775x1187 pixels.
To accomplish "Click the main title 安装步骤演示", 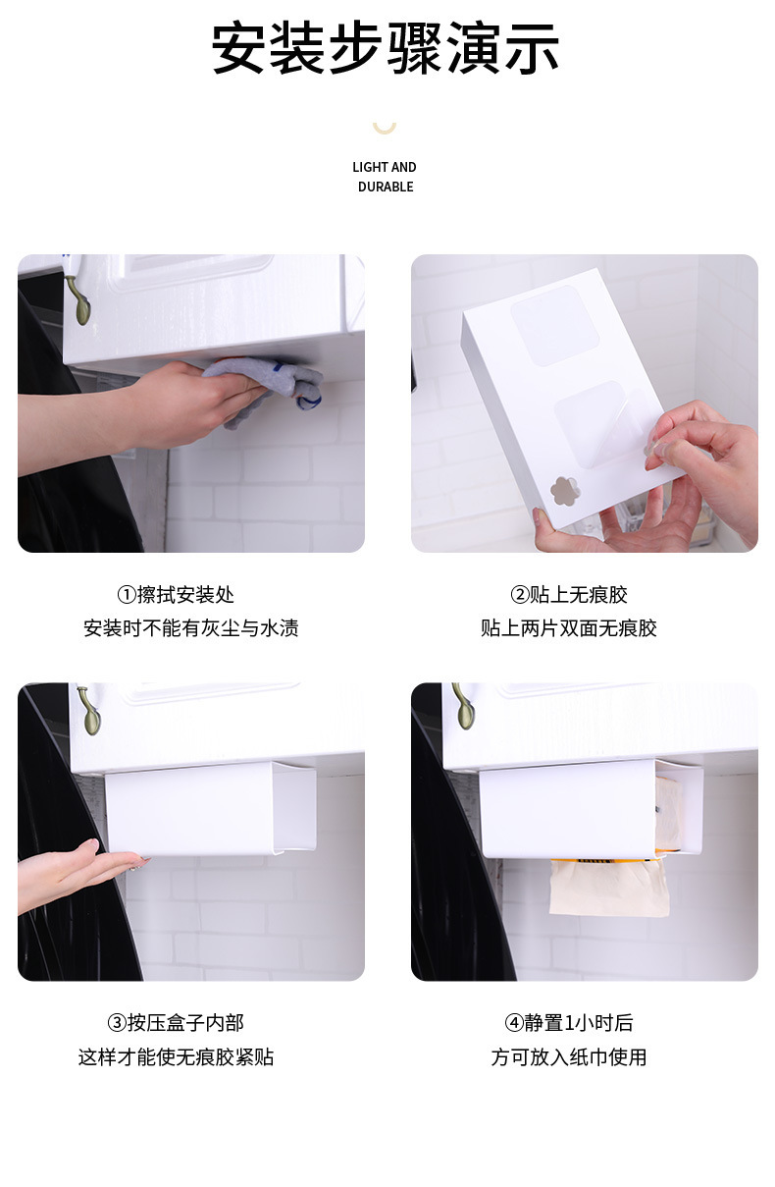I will point(386,48).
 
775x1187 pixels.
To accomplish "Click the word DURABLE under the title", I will point(386,187).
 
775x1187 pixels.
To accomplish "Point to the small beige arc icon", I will point(385,127).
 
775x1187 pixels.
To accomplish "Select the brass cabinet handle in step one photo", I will point(77,298).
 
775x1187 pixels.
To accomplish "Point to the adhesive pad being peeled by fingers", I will point(602,421).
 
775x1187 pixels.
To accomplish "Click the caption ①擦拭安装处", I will point(176,594).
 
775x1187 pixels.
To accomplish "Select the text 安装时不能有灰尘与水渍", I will point(190,628).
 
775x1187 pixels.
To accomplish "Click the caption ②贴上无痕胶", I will point(569,594).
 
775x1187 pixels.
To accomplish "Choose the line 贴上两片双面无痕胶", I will point(569,628).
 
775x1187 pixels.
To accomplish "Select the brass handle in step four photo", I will point(463,706).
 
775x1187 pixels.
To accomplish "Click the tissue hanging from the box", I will point(608,889).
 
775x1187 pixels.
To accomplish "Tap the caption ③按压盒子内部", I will point(176,1023).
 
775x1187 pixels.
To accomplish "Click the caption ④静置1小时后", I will point(569,1023).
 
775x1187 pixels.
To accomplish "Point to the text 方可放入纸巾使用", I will point(569,1057).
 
